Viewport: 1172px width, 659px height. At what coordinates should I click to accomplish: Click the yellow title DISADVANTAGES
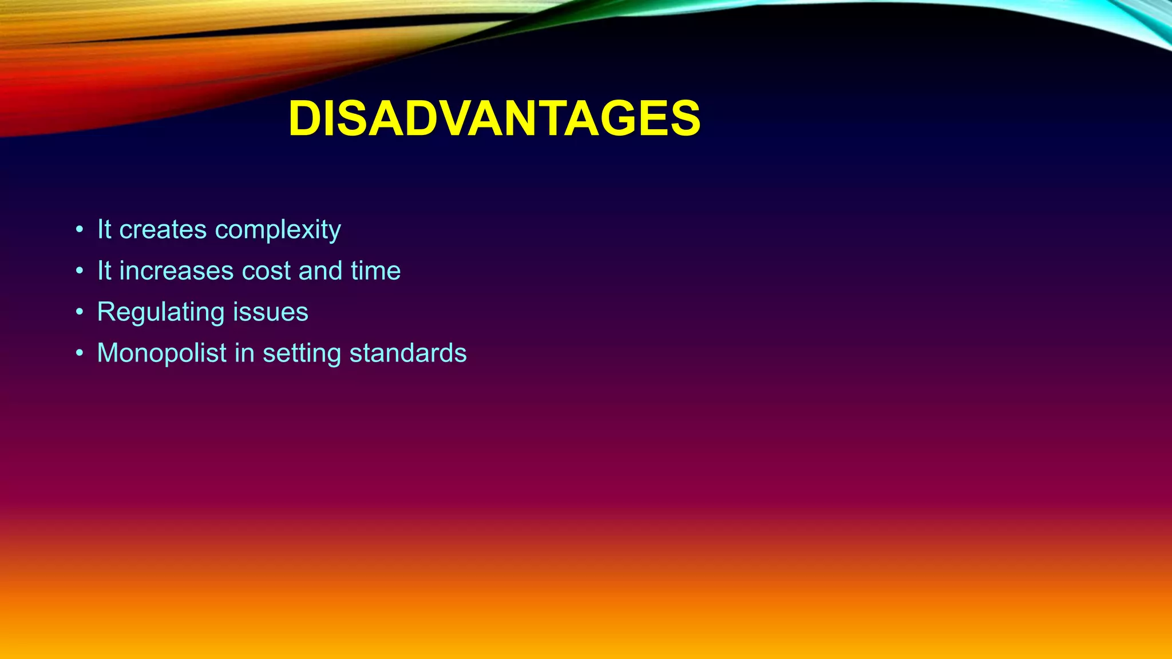click(x=494, y=119)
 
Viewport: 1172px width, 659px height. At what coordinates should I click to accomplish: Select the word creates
click(x=163, y=229)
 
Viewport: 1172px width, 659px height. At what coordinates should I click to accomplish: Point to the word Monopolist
click(x=161, y=354)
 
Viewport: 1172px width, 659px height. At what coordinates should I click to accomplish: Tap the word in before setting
click(x=244, y=353)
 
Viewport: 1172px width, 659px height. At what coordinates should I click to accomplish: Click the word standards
click(x=407, y=353)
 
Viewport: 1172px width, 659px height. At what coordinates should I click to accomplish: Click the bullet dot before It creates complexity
click(x=80, y=230)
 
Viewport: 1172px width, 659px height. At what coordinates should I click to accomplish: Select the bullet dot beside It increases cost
click(x=80, y=271)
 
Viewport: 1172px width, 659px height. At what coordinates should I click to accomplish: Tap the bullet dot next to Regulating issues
click(x=80, y=312)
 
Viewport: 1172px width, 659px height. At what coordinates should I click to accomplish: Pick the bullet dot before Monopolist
click(x=80, y=354)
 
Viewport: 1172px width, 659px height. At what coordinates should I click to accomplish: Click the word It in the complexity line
click(x=104, y=229)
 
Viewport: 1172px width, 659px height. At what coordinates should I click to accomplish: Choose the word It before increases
click(x=104, y=271)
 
